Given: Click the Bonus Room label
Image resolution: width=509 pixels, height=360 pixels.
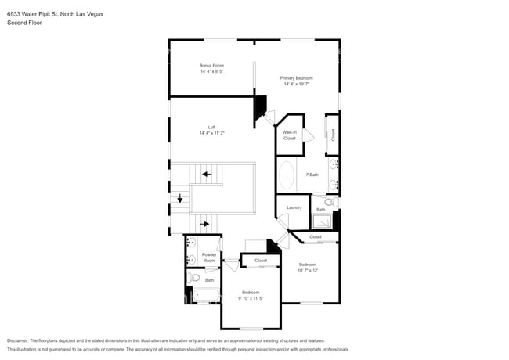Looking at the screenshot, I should (211, 65).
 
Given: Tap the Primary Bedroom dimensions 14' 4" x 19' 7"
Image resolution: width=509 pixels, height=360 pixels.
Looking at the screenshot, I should (297, 85).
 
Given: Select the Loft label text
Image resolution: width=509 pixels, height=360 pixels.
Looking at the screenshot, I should (211, 127).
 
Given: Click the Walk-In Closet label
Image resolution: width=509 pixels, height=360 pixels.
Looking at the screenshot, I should (289, 135).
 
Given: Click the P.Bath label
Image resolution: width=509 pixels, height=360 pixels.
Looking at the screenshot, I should (312, 174).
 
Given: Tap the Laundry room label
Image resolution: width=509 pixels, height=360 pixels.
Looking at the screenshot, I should (294, 207).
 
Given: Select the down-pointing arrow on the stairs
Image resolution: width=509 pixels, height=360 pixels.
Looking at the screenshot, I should (180, 199).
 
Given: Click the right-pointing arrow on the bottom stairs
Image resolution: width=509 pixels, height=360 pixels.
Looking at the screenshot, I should (205, 224).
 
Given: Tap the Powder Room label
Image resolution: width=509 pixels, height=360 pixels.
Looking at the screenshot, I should (209, 257).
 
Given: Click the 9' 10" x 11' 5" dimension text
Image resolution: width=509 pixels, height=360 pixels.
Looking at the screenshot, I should (251, 298).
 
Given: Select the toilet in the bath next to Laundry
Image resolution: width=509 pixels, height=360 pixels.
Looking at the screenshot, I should (330, 203).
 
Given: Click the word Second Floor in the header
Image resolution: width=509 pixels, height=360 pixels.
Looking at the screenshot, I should (25, 23).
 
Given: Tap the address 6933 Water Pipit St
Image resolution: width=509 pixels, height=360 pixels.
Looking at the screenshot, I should (34, 14).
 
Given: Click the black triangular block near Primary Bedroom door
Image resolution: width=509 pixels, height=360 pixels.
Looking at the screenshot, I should (260, 109).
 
